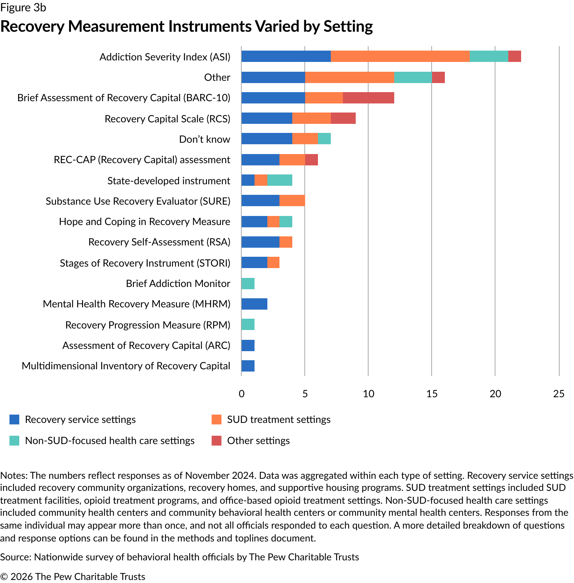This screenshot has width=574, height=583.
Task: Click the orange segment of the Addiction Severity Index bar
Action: point(400,56)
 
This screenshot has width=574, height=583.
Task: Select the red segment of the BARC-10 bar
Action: point(368,98)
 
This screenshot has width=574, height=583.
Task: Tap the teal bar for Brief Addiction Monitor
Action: point(248,284)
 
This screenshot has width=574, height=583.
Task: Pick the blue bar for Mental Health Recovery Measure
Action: point(254,304)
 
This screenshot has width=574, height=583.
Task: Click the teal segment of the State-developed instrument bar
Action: point(279,180)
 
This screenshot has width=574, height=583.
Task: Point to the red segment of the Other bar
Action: point(438,77)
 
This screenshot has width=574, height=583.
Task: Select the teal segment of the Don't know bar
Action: point(324,139)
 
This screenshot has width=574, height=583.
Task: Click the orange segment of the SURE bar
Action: point(292,201)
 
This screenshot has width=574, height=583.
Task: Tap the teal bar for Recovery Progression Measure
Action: point(248,324)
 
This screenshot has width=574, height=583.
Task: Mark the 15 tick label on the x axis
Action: point(432,394)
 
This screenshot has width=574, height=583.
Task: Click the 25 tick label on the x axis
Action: point(559,394)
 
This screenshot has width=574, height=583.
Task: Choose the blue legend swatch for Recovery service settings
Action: point(14,420)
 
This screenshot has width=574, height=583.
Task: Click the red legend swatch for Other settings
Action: point(216,441)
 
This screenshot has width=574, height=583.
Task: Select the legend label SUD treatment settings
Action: point(279,420)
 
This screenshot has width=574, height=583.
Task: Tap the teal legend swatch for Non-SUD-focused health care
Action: point(14,441)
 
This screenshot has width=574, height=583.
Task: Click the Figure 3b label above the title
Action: point(23,8)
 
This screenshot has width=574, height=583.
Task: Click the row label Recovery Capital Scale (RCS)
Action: point(167,119)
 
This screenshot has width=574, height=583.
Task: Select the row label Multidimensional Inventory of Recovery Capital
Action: point(126,366)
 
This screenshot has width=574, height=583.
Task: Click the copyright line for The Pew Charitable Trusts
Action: point(73,577)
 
